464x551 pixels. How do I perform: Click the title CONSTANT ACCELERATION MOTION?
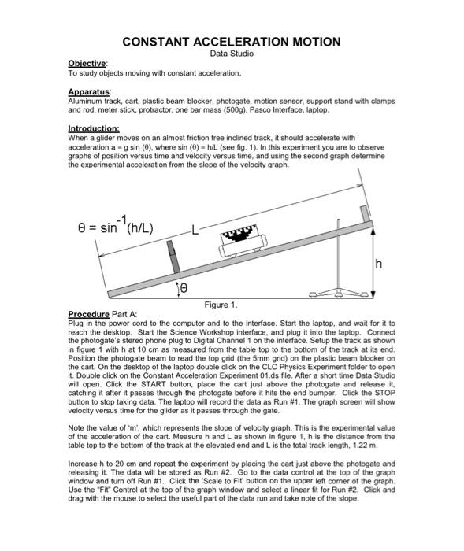(x=231, y=41)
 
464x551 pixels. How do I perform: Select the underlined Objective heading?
(x=87, y=64)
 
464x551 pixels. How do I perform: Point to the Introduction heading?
(x=93, y=128)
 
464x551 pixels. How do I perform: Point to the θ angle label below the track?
(x=185, y=290)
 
